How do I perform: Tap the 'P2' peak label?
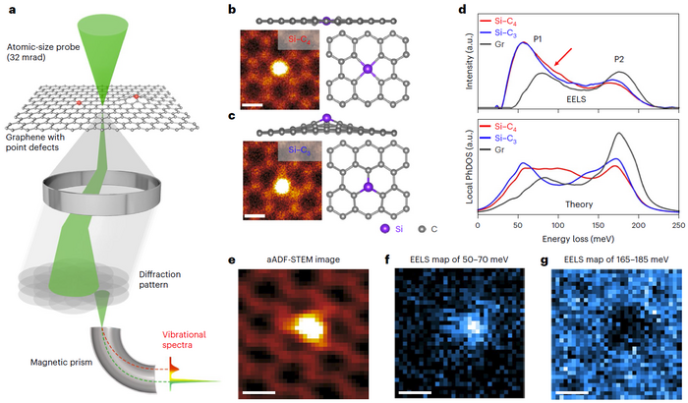coord(619,59)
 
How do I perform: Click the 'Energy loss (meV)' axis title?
coord(577,239)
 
